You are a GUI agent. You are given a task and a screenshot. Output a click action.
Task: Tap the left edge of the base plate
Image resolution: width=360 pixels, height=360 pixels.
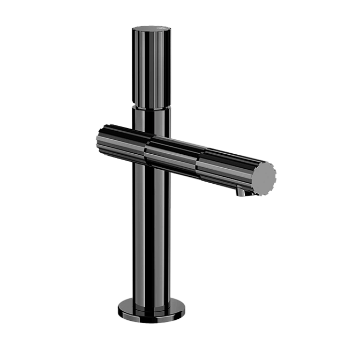click(118, 309)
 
